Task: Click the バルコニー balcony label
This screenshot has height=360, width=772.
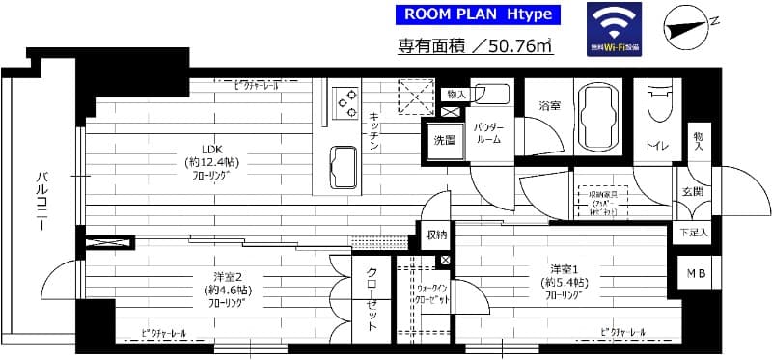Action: pos(42,204)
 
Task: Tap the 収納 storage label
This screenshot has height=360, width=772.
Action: pos(435,235)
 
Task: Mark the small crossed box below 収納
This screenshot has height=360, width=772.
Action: pos(444,261)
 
